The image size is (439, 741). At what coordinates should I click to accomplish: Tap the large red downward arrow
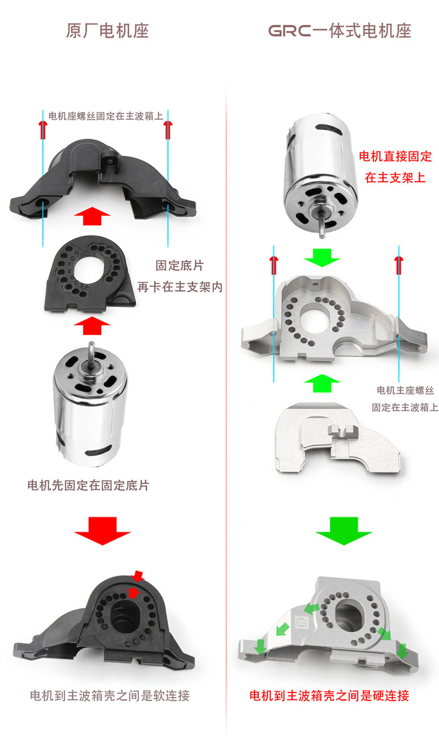(x=102, y=529)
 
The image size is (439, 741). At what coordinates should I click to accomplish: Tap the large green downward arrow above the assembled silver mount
(x=344, y=529)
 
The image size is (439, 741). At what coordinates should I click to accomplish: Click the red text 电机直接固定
(x=395, y=157)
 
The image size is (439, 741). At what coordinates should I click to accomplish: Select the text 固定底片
(x=180, y=265)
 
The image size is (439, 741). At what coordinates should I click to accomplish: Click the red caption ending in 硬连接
(x=329, y=695)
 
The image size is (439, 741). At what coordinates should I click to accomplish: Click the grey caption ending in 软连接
(x=109, y=695)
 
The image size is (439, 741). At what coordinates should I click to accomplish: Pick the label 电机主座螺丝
(x=404, y=390)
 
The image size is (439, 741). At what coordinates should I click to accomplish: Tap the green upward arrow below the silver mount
(x=322, y=383)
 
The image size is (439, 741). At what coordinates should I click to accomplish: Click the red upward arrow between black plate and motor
(x=92, y=326)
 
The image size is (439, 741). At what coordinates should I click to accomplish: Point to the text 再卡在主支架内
(x=180, y=287)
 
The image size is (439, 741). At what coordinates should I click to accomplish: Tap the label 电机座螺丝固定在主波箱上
(x=105, y=116)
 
